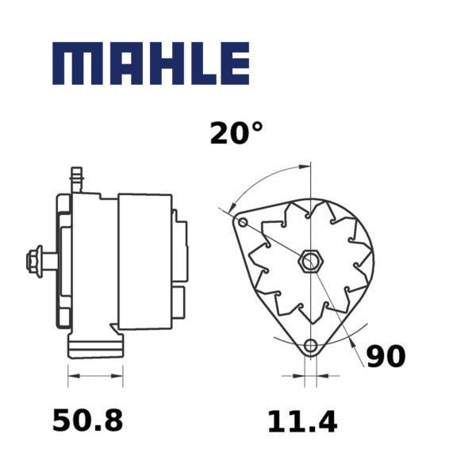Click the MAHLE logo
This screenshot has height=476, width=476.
151,63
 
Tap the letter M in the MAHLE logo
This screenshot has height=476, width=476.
72,63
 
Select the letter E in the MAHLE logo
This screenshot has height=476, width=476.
234,63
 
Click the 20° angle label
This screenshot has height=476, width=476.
236,133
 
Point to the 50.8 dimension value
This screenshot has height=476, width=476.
88,420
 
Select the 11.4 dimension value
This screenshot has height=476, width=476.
302,422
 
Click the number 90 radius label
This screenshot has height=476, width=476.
386,355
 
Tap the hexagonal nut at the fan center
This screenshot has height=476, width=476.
310,261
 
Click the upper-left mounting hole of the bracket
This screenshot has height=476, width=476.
243,223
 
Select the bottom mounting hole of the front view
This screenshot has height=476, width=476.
310,345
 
